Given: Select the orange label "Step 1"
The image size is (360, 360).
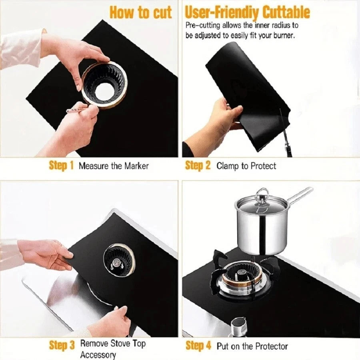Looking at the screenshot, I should [x=61, y=166].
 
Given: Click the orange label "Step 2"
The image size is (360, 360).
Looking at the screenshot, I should [x=198, y=166].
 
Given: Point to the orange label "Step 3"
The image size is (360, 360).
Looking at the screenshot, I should [x=62, y=345].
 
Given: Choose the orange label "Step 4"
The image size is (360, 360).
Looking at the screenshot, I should [x=198, y=345].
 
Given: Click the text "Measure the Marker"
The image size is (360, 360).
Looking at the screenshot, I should [x=113, y=166].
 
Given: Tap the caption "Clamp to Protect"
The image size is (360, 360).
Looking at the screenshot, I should [x=246, y=166].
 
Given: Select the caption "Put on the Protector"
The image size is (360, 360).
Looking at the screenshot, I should [x=252, y=346].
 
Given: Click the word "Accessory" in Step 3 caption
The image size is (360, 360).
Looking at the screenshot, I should [x=98, y=354].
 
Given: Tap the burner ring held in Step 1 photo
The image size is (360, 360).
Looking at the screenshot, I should [x=104, y=84].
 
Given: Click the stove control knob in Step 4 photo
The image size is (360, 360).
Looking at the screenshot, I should [x=239, y=326].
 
